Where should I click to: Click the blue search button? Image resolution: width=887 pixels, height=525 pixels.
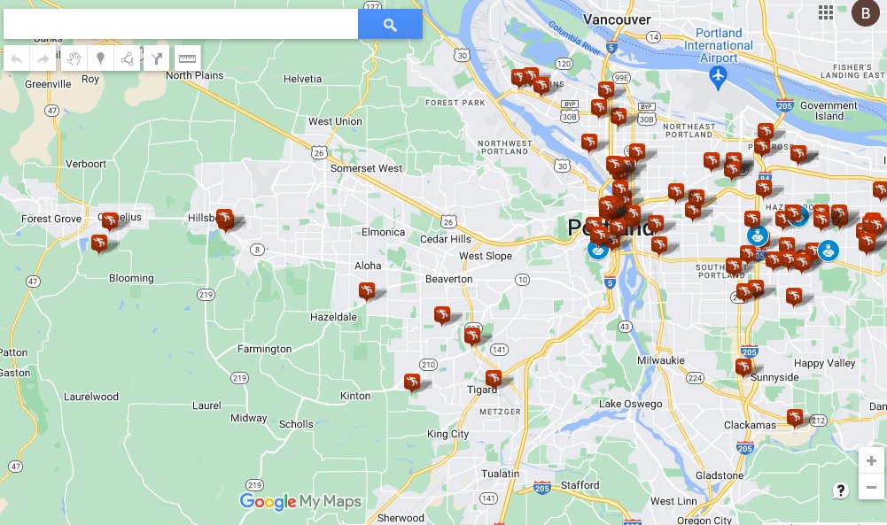tap(390, 25)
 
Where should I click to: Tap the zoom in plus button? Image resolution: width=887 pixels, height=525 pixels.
tap(871, 460)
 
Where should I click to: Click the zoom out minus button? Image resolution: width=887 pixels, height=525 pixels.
tap(871, 487)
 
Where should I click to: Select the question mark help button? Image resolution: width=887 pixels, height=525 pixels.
tap(840, 490)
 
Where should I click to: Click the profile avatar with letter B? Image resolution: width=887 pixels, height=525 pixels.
tap(864, 12)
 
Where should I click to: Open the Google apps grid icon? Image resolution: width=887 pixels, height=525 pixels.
tap(826, 12)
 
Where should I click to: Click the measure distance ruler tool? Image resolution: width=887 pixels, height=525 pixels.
tap(187, 58)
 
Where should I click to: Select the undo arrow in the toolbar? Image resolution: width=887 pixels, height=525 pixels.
tap(17, 58)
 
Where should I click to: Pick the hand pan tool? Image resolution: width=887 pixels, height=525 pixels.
tap(74, 58)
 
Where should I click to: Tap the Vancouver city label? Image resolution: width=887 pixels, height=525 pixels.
tap(618, 19)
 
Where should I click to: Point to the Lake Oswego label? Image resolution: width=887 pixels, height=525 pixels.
tap(630, 405)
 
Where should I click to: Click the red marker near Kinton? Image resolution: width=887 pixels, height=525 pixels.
tap(411, 382)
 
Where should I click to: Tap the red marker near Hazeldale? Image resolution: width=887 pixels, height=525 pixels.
tap(367, 290)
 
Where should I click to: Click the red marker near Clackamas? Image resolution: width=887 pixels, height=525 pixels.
tap(795, 415)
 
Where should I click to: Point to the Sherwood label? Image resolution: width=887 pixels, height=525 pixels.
tap(401, 518)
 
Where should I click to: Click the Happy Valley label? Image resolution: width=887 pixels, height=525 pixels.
tap(824, 363)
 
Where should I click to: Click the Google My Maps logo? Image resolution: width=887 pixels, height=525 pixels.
tap(300, 502)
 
